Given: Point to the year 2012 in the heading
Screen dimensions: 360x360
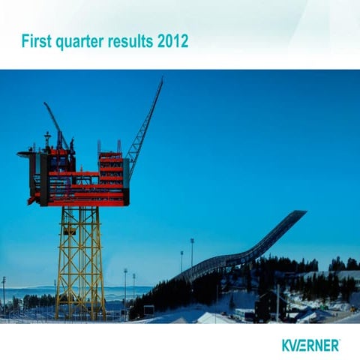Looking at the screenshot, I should [172, 40].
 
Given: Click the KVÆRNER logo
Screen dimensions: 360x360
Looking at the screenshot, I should [310, 345].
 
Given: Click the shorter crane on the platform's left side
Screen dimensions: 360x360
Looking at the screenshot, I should [57, 124].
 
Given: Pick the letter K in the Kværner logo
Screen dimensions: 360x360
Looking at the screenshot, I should [286, 345].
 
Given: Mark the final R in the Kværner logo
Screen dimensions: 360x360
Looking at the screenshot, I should [334, 345].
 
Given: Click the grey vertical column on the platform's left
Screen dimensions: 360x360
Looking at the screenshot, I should [45, 180].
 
